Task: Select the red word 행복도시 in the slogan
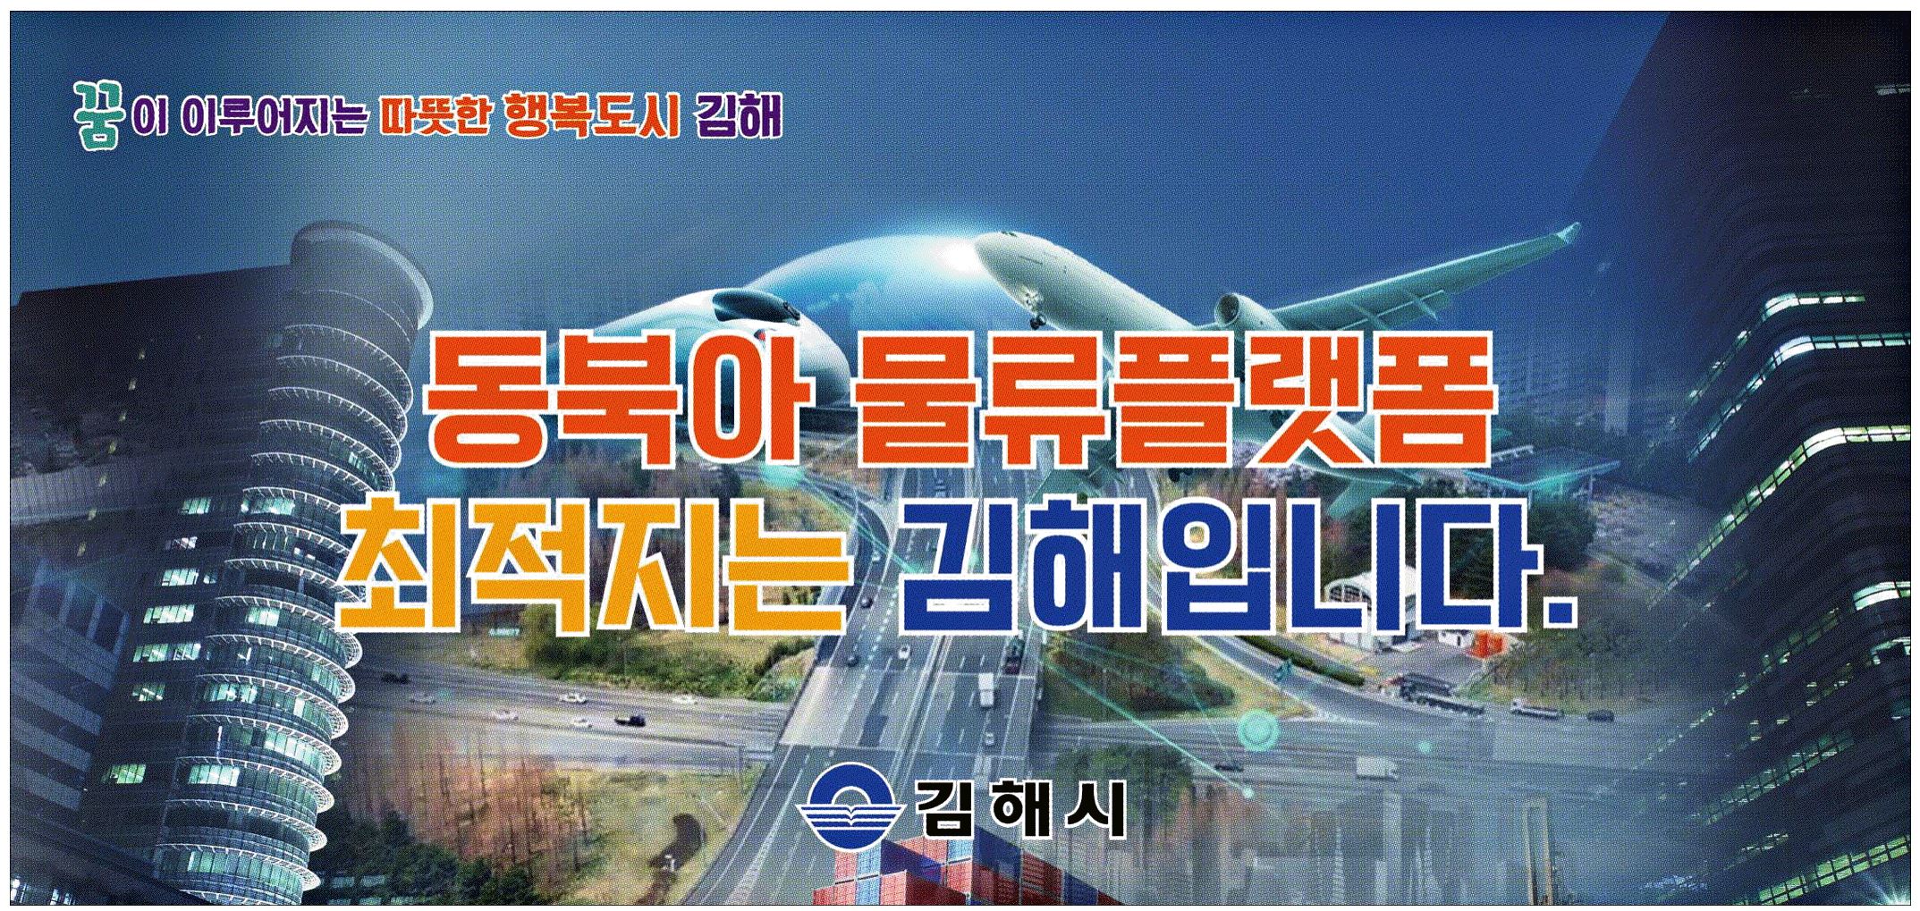pos(592,117)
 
